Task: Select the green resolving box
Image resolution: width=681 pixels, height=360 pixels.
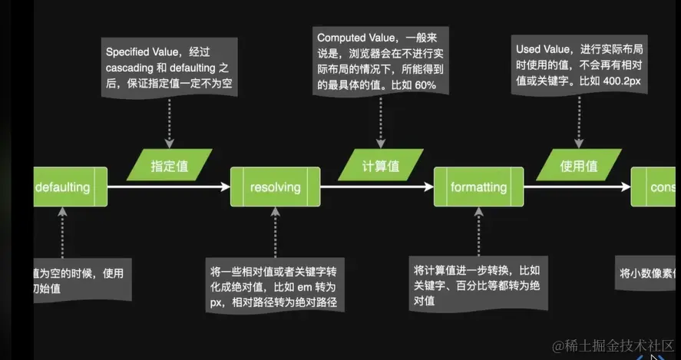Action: (275, 187)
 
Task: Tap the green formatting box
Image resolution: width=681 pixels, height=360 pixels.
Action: (478, 187)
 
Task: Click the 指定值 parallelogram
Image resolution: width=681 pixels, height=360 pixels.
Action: (170, 164)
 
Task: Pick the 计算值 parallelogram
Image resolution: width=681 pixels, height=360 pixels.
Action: (380, 164)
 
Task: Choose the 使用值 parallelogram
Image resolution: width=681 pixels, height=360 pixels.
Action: (577, 164)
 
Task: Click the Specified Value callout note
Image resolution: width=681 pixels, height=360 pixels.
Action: (169, 67)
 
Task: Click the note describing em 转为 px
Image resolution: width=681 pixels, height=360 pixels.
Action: (274, 287)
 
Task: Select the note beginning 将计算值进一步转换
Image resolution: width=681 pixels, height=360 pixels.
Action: (478, 283)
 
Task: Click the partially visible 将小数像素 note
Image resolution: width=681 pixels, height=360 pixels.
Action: (647, 273)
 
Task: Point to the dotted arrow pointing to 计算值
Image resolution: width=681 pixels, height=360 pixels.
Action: (379, 120)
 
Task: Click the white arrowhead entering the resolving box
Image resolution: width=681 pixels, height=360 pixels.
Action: (225, 187)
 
